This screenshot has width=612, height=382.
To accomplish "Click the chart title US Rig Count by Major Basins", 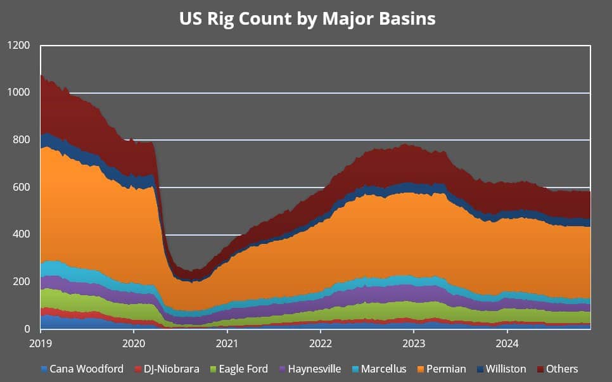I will tap(307, 18).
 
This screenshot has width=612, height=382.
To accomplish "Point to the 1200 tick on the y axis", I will tap(18, 46).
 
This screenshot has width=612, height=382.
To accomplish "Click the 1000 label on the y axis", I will tap(18, 93).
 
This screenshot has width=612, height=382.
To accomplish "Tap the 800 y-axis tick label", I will tap(21, 140).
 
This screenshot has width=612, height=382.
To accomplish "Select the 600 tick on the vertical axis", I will tap(21, 188).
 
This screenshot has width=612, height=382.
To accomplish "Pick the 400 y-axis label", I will tap(21, 234).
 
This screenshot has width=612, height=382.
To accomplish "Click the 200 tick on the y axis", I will tap(21, 282).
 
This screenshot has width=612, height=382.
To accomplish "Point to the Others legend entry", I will tap(558, 369).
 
